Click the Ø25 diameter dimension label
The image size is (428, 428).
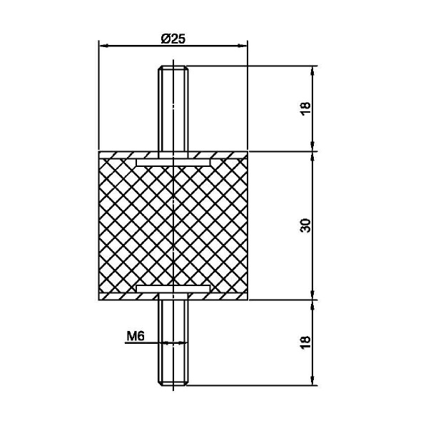click(x=173, y=39)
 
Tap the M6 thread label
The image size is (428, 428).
click(x=135, y=336)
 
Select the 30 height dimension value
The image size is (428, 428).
click(x=306, y=225)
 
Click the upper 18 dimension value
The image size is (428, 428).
click(x=306, y=109)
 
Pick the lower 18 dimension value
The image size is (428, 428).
click(x=306, y=342)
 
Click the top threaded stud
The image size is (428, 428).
click(x=173, y=108)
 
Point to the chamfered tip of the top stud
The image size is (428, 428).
click(x=173, y=68)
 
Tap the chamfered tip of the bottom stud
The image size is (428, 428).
click(x=173, y=383)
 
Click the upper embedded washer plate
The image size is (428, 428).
click(x=173, y=163)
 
